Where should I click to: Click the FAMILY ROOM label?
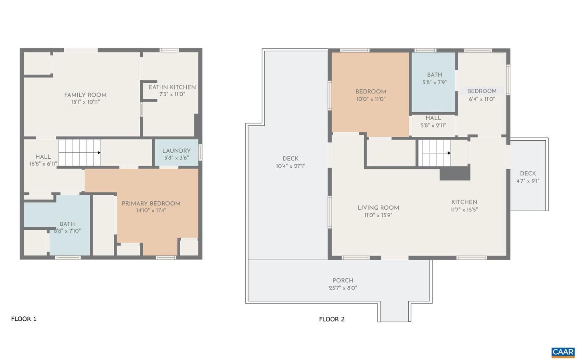tap(85, 95)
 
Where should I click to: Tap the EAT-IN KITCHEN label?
tap(172, 87)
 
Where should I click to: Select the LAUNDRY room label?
tap(176, 151)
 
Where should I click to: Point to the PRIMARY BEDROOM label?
tap(151, 204)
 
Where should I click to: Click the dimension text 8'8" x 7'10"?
tap(67, 231)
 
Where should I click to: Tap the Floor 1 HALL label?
tap(43, 157)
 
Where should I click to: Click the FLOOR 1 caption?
tap(24, 319)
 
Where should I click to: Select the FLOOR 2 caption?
tap(332, 319)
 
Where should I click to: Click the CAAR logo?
tap(563, 352)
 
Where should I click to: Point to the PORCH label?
tap(343, 280)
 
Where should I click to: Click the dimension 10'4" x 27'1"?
tap(290, 166)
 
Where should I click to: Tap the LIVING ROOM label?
tap(378, 208)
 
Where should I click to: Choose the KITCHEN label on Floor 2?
tap(464, 202)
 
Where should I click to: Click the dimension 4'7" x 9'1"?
tap(528, 181)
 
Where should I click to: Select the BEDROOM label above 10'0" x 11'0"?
tap(371, 92)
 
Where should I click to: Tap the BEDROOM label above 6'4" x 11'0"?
tap(482, 91)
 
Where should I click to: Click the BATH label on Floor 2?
tap(434, 75)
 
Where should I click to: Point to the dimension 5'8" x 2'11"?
tap(433, 125)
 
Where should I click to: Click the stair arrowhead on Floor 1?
tap(99, 153)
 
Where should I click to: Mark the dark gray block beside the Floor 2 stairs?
tap(455, 174)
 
